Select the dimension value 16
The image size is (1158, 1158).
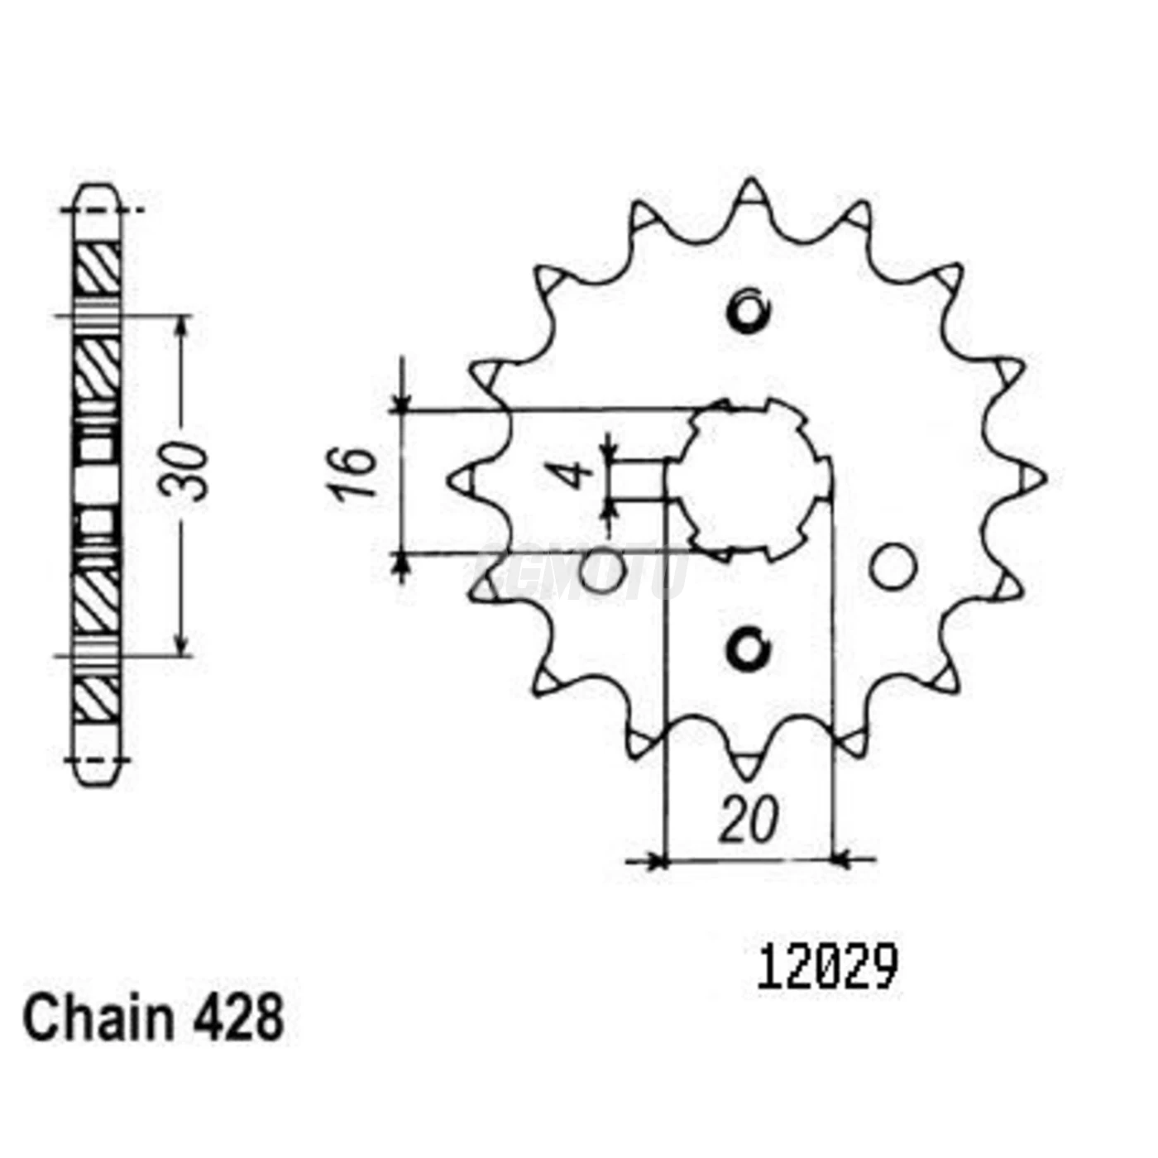354,473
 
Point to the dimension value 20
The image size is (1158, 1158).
749,821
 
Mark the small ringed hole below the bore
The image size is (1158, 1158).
749,649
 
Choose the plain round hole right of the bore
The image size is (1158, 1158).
894,567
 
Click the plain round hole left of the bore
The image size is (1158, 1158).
600,572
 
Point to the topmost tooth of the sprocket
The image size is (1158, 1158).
749,194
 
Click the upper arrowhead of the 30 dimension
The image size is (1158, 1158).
183,324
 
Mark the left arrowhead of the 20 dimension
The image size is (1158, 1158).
658,861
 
